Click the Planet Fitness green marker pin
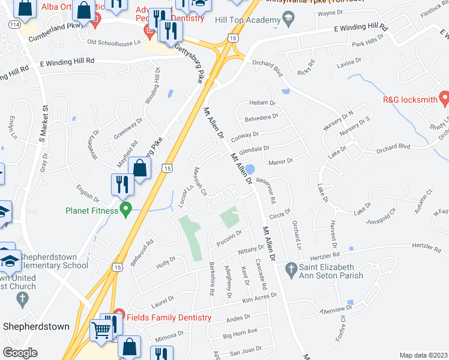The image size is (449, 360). [125, 210]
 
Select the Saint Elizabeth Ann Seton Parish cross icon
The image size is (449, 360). [292, 268]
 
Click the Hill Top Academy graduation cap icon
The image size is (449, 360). [289, 21]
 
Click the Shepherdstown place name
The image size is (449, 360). [37, 326]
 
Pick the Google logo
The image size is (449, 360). [20, 353]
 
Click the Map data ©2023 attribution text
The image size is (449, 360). [423, 355]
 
